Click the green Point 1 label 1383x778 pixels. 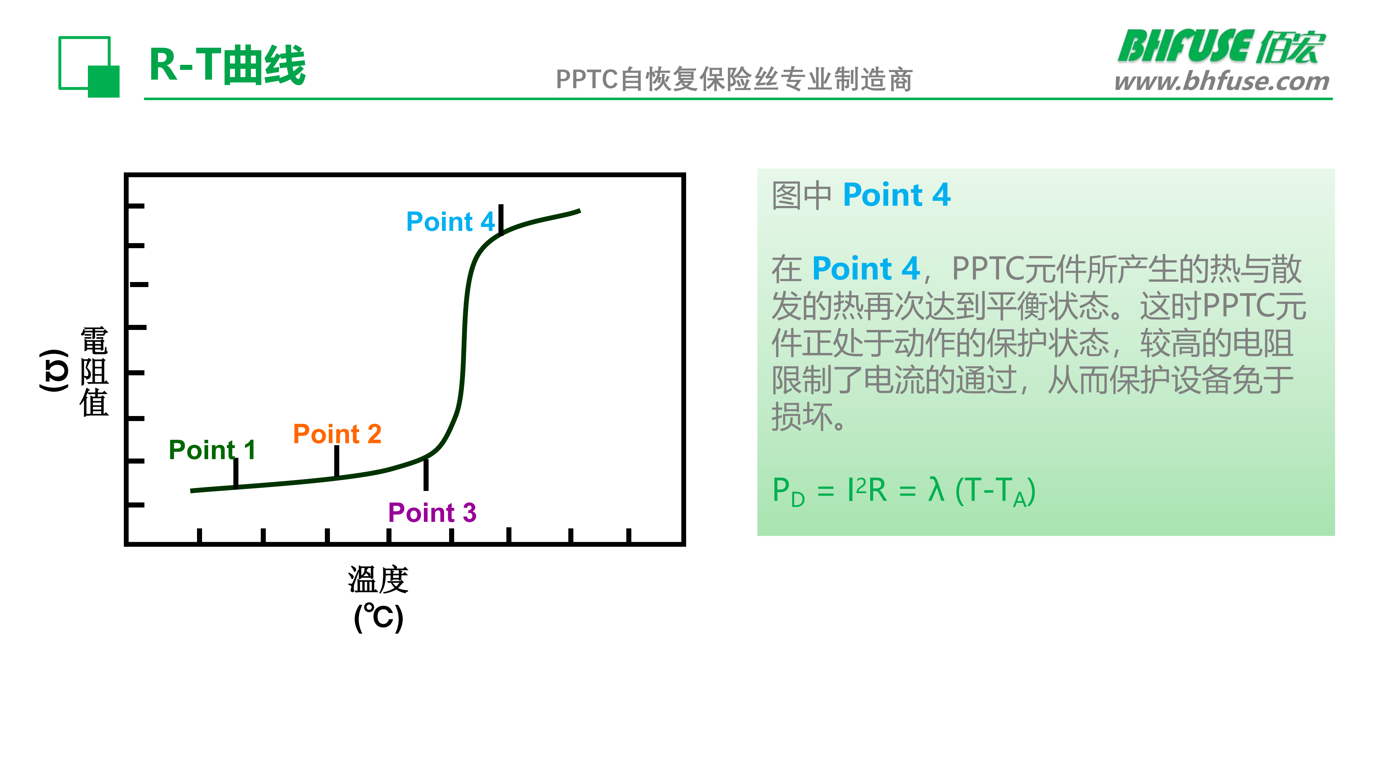pos(212,450)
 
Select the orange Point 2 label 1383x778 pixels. pos(337,433)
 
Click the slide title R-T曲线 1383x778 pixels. pos(228,65)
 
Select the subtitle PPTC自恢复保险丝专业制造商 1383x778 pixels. pos(734,80)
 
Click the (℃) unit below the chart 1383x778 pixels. pos(379,617)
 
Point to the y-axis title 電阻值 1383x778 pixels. pos(94,372)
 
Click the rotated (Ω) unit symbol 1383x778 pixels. pos(54,371)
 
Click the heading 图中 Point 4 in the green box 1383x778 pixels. pos(861,194)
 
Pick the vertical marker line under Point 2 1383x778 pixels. pos(337,461)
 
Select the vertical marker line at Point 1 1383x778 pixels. pos(236,473)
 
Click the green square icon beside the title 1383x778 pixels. pos(89,67)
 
